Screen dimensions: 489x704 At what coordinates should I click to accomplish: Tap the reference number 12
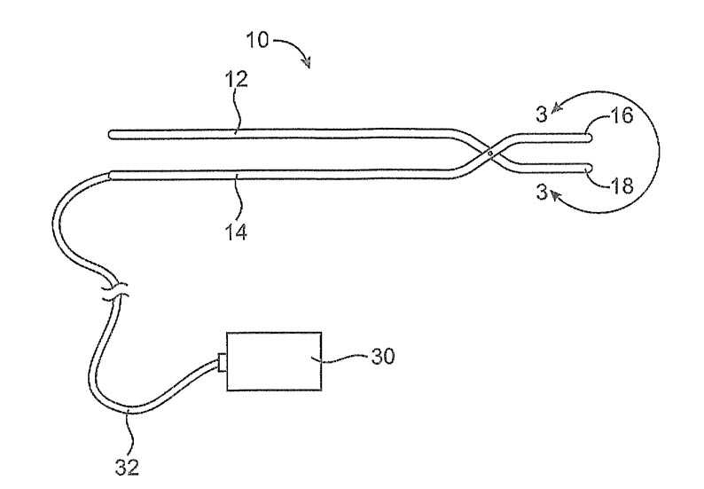coord(237,79)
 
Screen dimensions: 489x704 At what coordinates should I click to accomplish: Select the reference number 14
coord(236,233)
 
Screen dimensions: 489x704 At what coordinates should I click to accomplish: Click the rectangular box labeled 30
coord(275,360)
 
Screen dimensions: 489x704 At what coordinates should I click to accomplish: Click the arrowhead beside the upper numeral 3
coord(556,107)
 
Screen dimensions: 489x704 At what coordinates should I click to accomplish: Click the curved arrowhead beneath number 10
coord(308,62)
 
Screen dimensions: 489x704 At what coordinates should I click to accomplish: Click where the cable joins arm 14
coord(108,174)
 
